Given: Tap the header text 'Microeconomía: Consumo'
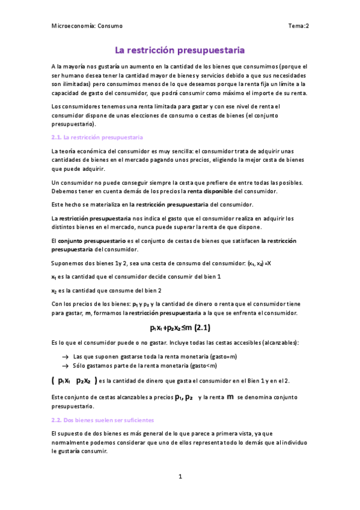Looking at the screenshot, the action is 87,26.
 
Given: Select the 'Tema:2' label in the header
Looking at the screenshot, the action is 298,26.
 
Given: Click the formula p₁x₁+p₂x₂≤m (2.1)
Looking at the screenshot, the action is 180,328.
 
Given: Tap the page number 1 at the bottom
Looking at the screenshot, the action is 180,477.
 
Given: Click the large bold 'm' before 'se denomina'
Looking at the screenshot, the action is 230,397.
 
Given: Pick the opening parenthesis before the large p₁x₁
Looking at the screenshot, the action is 53,380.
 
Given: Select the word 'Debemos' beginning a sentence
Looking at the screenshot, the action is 64,191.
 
